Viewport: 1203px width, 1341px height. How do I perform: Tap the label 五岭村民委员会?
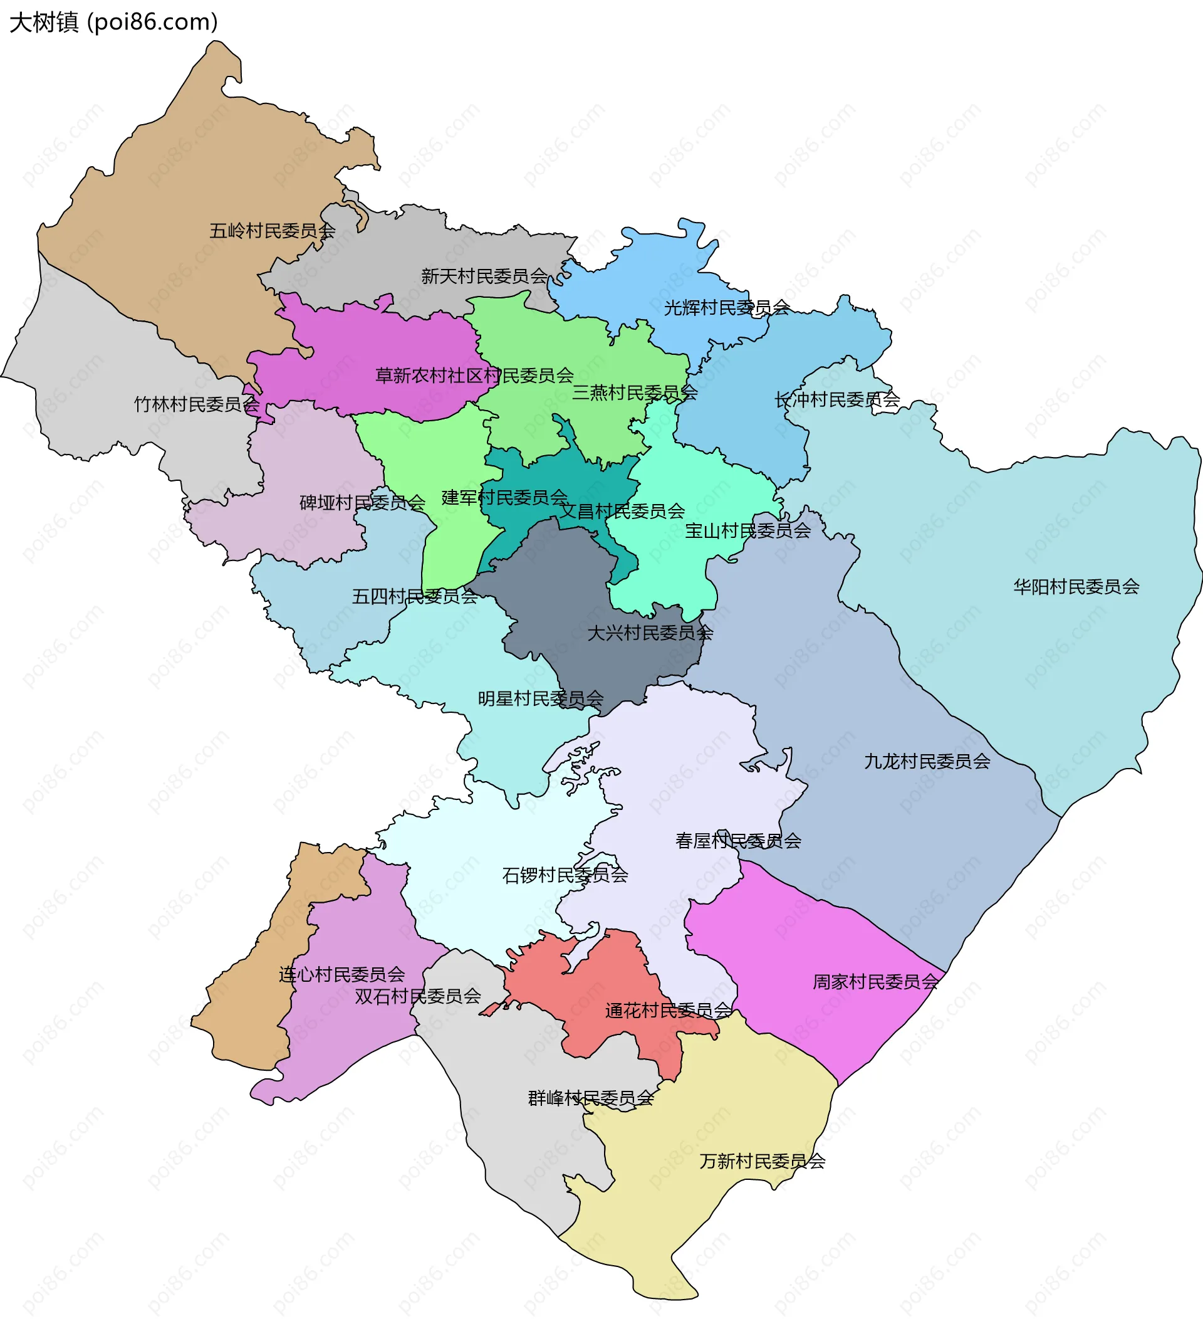pyautogui.click(x=273, y=231)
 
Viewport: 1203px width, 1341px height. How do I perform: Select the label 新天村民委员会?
pyautogui.click(x=484, y=276)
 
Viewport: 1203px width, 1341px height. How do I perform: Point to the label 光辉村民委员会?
pyautogui.click(x=726, y=307)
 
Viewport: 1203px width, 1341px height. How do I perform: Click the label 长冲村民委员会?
pyautogui.click(x=837, y=399)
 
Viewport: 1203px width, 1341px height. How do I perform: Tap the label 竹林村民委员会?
pyautogui.click(x=196, y=404)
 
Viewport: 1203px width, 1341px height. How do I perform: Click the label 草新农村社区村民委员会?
pyautogui.click(x=474, y=376)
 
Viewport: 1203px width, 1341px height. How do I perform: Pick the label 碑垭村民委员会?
pyautogui.click(x=362, y=503)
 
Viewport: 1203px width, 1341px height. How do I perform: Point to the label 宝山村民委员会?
pyautogui.click(x=747, y=530)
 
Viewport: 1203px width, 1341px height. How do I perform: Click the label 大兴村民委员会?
pyautogui.click(x=650, y=633)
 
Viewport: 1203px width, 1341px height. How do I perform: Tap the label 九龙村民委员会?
pyautogui.click(x=927, y=761)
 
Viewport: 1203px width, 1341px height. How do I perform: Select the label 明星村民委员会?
pyautogui.click(x=540, y=698)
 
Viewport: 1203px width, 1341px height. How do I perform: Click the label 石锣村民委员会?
pyautogui.click(x=565, y=875)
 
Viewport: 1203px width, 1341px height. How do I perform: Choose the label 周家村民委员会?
pyautogui.click(x=875, y=981)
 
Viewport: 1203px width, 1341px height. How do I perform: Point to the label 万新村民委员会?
pyautogui.click(x=762, y=1160)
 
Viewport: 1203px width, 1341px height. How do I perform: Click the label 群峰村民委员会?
pyautogui.click(x=590, y=1098)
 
